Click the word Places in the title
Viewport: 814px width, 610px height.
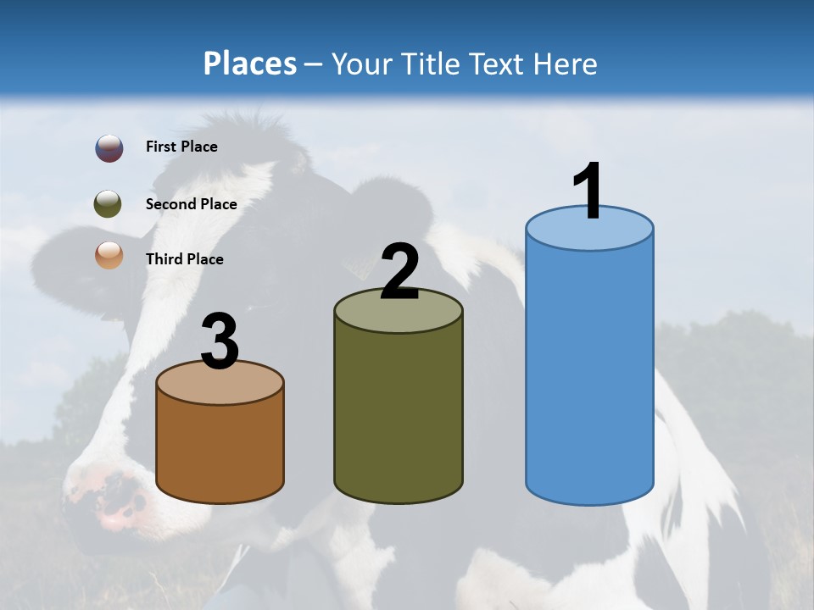click(x=250, y=64)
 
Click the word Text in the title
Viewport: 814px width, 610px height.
click(x=498, y=64)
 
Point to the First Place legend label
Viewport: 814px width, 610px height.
click(x=181, y=147)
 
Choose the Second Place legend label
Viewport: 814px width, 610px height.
click(x=191, y=204)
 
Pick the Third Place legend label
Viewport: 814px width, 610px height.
click(x=184, y=259)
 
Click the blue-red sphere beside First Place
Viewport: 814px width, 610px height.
click(x=109, y=148)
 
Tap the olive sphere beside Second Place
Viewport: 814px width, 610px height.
click(x=108, y=204)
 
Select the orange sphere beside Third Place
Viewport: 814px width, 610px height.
click(x=109, y=255)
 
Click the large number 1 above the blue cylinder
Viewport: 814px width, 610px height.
click(x=587, y=191)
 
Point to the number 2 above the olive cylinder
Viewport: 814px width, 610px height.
click(x=399, y=272)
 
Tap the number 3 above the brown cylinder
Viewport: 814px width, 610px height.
click(x=220, y=341)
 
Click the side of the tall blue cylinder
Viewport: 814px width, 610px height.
click(x=589, y=373)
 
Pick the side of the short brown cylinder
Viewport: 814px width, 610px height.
click(x=220, y=449)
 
